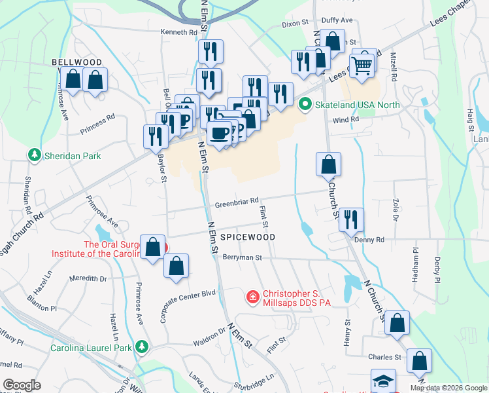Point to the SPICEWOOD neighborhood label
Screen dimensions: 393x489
pos(247,236)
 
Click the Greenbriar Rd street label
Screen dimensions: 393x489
pos(237,201)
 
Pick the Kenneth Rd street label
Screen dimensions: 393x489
pos(179,31)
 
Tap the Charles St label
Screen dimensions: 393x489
pos(384,357)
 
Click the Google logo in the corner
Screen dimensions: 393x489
pos(23,384)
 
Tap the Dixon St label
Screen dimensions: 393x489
pos(295,23)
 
